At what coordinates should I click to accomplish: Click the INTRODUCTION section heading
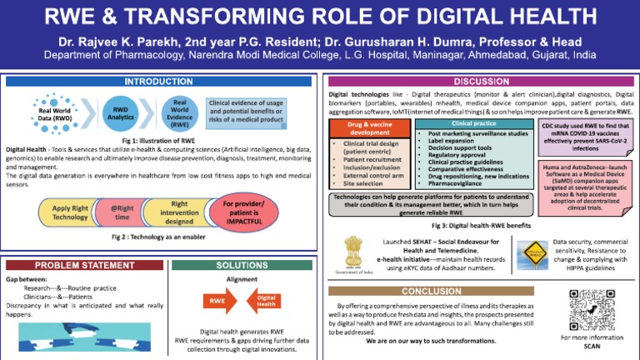(158, 82)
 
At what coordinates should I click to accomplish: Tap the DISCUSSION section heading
(482, 82)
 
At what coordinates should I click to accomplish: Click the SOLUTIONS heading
(241, 265)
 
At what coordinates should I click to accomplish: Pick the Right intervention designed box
(179, 212)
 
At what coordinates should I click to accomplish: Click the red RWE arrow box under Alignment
(217, 300)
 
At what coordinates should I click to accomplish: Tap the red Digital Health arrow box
(266, 300)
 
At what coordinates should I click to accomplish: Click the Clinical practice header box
(474, 123)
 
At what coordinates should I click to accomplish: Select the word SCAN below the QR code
(592, 346)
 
